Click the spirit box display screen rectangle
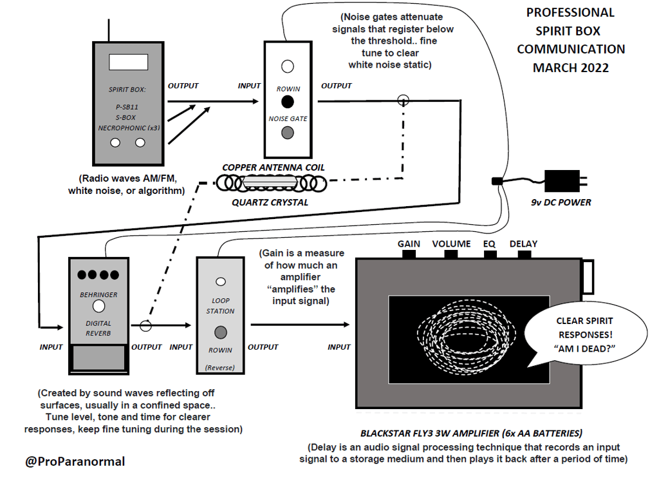pos(128,62)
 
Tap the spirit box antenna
pos(109,30)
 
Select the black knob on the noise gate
pos(288,102)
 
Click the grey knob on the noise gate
pos(288,133)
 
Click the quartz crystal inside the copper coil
pos(270,182)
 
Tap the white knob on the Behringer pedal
pos(98,306)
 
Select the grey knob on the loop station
pos(221,332)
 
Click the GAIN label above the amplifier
pos(409,244)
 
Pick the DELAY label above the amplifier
pos(523,244)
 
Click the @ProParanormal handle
pos(75,461)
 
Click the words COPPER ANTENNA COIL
pos(274,167)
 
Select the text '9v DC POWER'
pos(561,202)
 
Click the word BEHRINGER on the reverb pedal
pos(98,295)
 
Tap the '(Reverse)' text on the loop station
pos(220,368)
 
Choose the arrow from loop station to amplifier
pos(300,324)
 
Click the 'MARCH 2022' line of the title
pos(571,68)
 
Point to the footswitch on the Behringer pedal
pos(98,358)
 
